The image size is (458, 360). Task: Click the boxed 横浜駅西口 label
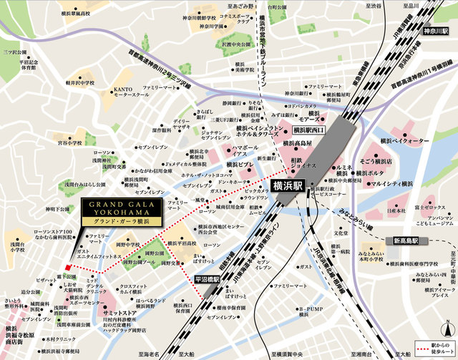click(309, 130)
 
